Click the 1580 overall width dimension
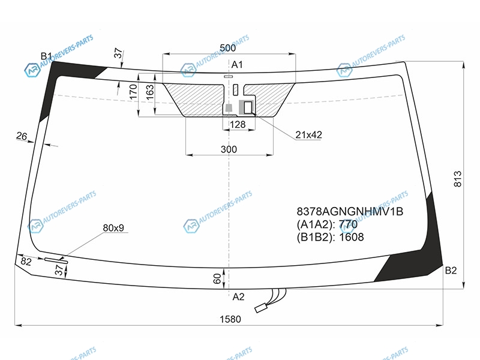(x=230, y=319)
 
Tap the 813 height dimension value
(x=457, y=179)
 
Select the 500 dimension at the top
(x=228, y=48)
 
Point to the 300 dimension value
(x=229, y=149)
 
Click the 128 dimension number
(x=238, y=124)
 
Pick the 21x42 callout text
(x=308, y=134)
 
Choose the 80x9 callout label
(x=113, y=228)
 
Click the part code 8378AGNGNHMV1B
(x=350, y=212)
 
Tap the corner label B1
(x=46, y=56)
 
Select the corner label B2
(x=451, y=271)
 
